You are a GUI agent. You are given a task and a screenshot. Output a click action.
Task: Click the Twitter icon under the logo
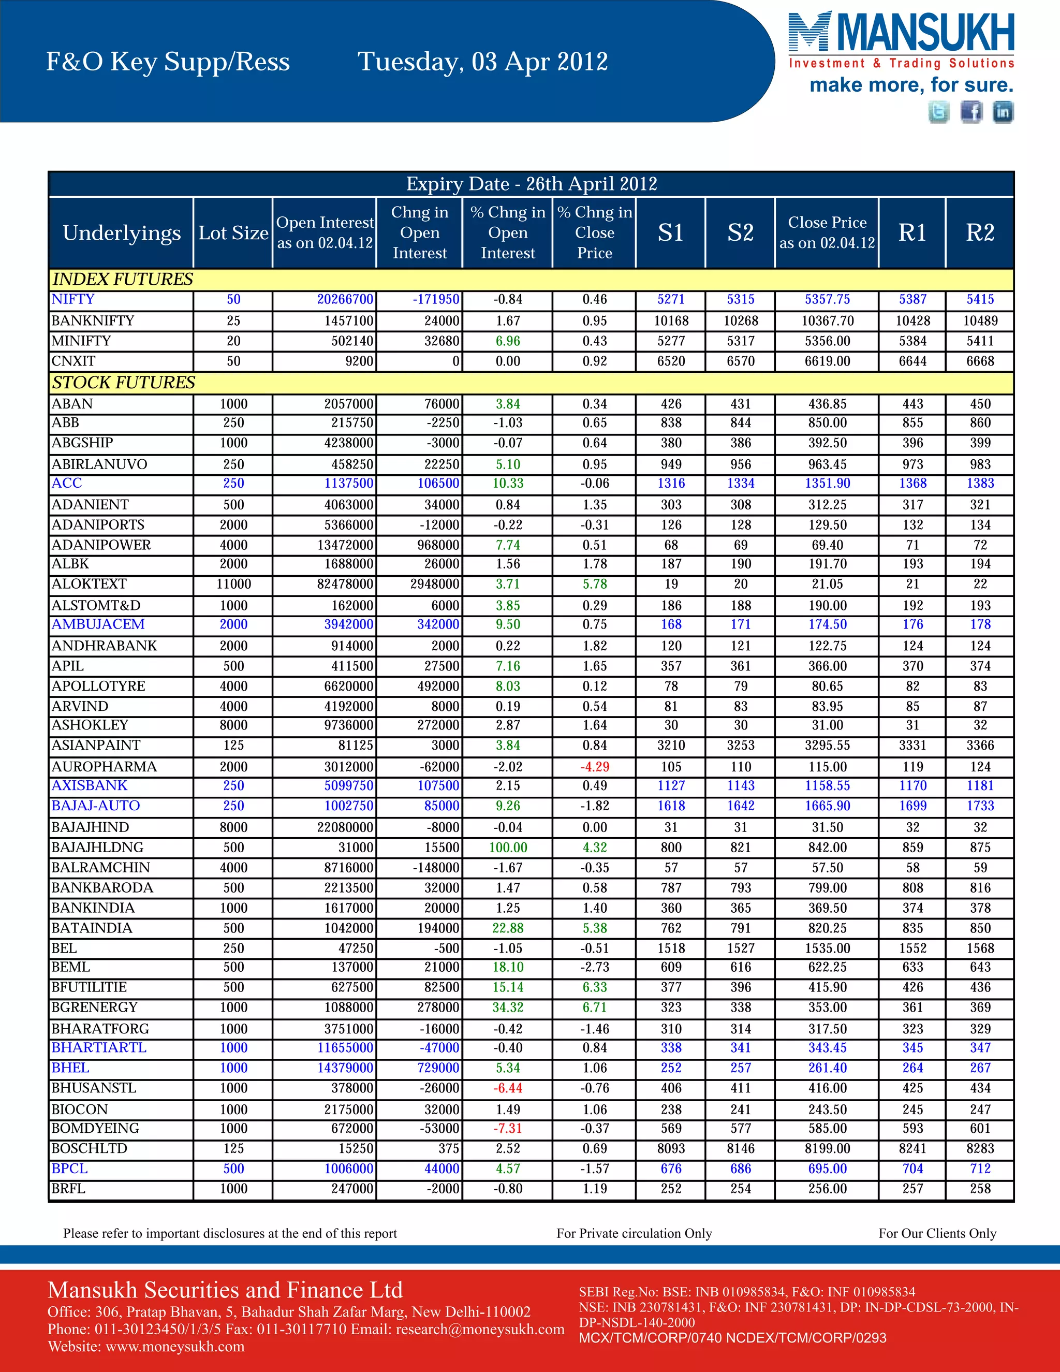[x=939, y=112]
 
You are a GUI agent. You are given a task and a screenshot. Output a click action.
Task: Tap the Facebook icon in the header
[x=971, y=112]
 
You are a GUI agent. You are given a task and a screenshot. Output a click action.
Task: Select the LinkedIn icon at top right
[x=1003, y=112]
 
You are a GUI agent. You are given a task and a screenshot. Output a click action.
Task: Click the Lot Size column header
[x=233, y=233]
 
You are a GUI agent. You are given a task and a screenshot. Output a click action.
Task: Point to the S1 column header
[x=671, y=233]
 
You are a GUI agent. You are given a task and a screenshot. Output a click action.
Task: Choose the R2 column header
[x=980, y=233]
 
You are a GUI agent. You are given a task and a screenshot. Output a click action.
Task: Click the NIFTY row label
[x=73, y=300]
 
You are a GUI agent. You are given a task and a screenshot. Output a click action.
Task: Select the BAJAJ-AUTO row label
[x=95, y=806]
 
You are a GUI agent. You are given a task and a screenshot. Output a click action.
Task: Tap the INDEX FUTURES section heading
[x=123, y=280]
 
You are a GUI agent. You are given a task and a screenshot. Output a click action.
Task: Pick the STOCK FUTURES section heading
[x=124, y=383]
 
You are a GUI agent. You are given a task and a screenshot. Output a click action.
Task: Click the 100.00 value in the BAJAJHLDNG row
[x=508, y=848]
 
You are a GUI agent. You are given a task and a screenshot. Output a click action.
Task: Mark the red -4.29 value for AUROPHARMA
[x=595, y=767]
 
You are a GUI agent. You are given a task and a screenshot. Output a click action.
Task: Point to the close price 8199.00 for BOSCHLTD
[x=827, y=1149]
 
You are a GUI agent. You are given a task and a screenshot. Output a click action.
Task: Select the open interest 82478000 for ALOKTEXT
[x=345, y=584]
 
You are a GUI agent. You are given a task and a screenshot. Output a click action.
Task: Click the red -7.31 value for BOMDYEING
[x=508, y=1129]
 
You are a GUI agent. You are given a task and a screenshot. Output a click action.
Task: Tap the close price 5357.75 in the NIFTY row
[x=827, y=300]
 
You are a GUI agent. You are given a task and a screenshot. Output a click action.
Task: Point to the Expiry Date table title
[x=531, y=184]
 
